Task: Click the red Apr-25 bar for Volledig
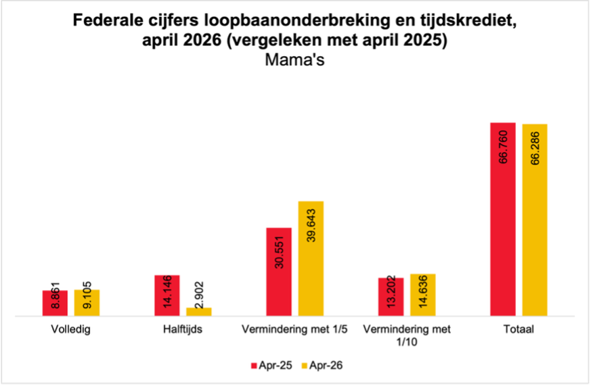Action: click(55, 303)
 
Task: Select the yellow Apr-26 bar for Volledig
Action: click(87, 303)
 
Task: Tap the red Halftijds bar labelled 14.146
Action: click(167, 295)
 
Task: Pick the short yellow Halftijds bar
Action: click(199, 312)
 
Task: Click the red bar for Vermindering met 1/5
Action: click(279, 272)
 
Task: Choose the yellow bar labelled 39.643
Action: click(311, 258)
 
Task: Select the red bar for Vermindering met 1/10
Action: click(391, 297)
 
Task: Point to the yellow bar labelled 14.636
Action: click(423, 295)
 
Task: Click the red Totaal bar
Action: click(502, 219)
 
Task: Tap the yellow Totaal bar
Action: click(535, 220)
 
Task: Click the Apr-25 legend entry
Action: click(271, 365)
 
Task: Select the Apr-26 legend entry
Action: click(322, 365)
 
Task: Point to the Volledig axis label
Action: click(70, 329)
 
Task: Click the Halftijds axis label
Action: click(183, 329)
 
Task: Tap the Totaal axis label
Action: click(519, 329)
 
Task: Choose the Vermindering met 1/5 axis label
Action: click(294, 329)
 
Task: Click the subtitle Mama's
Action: click(294, 59)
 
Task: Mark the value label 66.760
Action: click(502, 147)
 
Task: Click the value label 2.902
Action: click(199, 295)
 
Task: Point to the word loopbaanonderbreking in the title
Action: click(297, 21)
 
